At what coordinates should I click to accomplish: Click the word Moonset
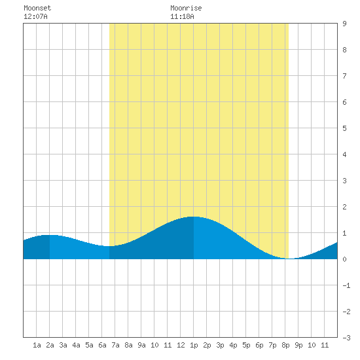tap(37, 8)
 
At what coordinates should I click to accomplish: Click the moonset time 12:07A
tap(35, 16)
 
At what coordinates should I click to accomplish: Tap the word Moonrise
tap(186, 8)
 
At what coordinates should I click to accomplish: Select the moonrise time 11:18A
tap(182, 16)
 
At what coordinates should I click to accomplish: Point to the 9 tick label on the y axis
tap(344, 24)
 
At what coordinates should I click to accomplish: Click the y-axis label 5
tap(344, 128)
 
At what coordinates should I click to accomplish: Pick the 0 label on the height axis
tap(344, 259)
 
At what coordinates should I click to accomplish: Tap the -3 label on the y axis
tap(346, 338)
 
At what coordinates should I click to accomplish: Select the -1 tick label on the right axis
tap(346, 285)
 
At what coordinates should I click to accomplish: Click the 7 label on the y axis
tap(344, 76)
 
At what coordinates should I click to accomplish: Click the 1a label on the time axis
tap(37, 345)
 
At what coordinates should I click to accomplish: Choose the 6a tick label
tap(102, 345)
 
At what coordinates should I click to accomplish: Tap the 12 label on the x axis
tap(181, 345)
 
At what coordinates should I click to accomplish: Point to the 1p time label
tap(194, 345)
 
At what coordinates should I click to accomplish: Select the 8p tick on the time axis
tap(285, 345)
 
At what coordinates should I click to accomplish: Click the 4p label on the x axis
tap(233, 345)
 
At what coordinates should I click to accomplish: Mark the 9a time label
tap(141, 345)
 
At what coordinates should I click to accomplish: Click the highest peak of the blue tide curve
tap(193, 217)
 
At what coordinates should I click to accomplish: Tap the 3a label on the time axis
tap(63, 345)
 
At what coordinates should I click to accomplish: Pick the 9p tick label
tap(298, 345)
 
